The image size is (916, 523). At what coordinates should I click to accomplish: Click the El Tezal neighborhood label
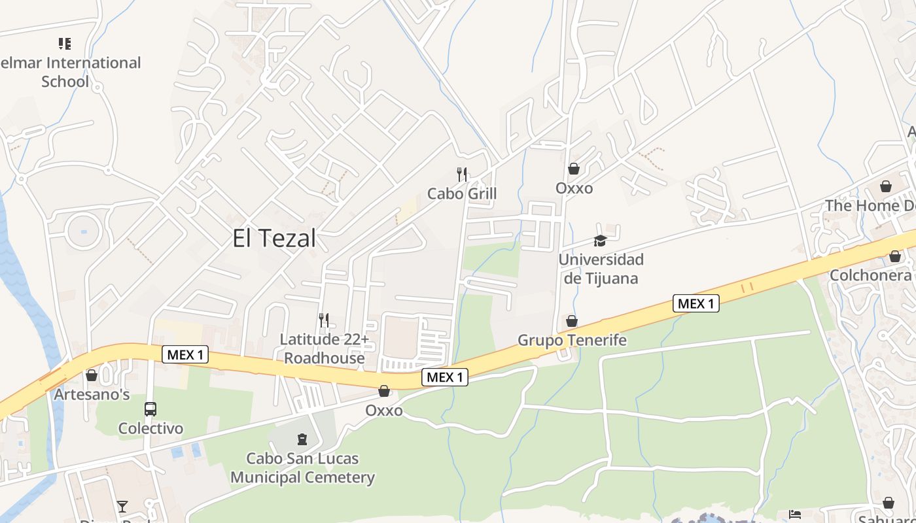274,238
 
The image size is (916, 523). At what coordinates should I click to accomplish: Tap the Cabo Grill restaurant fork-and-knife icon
462,174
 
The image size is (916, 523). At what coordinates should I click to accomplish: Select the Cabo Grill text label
462,194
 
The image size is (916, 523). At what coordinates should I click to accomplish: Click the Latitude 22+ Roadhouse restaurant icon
324,320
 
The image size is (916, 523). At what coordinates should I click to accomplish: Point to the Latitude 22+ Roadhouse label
325,348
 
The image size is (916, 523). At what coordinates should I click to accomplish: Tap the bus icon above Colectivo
150,409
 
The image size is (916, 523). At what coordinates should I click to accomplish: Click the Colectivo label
150,429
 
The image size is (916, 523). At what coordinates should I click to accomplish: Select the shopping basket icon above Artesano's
92,375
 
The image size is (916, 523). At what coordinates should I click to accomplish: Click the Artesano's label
92,395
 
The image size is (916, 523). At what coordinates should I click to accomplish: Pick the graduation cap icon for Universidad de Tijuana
600,241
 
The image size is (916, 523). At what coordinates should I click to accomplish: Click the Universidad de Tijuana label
601,269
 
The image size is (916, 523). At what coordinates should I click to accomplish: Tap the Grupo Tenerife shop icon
572,321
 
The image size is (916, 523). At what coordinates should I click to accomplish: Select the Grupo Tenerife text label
572,340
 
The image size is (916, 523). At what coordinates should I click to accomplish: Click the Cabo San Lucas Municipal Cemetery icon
302,439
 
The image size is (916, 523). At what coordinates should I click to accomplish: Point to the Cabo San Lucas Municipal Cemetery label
302,467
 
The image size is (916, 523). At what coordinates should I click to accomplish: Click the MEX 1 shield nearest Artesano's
185,355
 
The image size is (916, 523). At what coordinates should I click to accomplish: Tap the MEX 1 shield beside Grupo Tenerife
696,303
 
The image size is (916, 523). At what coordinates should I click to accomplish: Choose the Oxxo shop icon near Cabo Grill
574,169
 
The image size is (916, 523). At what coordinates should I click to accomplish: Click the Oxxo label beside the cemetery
384,411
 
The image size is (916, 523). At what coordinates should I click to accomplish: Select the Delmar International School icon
65,44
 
